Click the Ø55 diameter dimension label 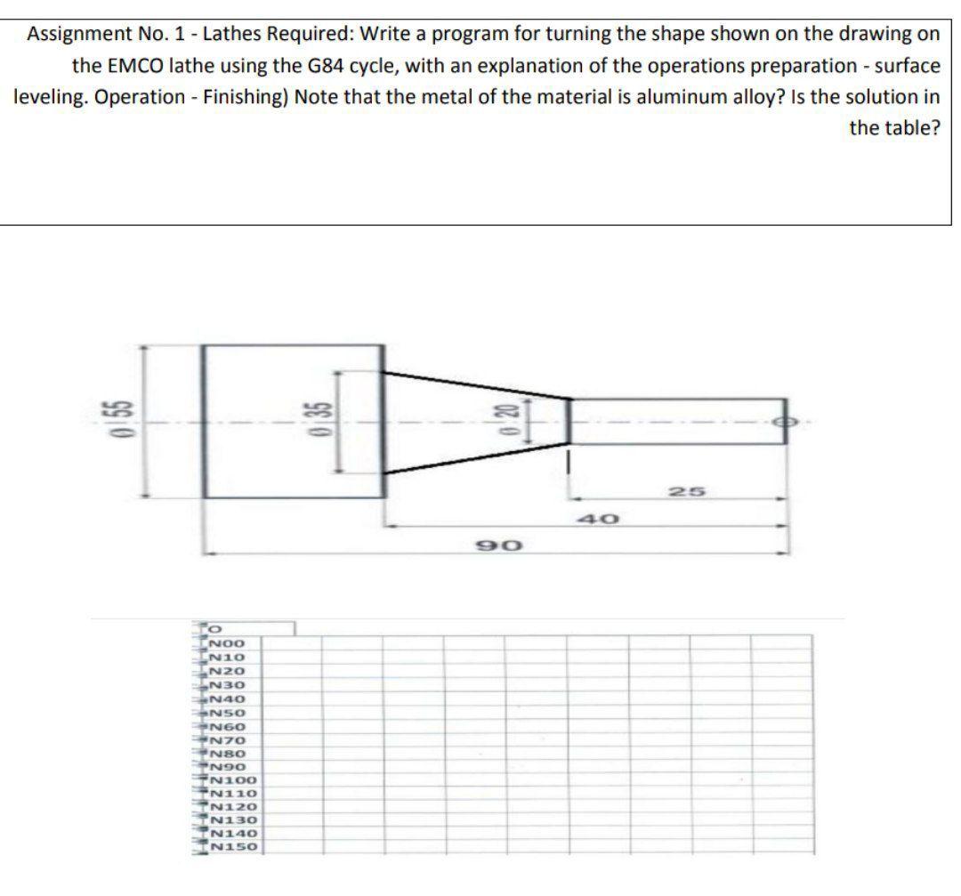point(105,422)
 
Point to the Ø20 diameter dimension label point(505,421)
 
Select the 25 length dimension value point(681,492)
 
